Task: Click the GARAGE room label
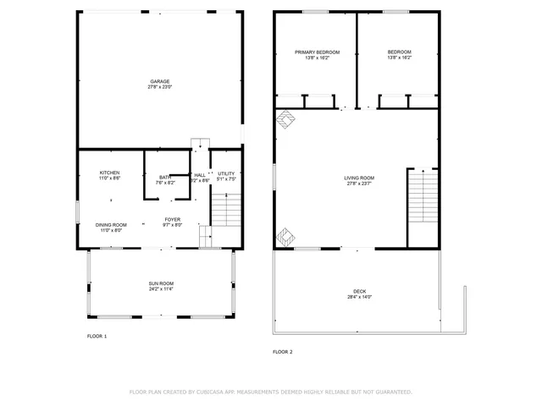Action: pyautogui.click(x=160, y=81)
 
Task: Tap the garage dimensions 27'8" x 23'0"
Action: pyautogui.click(x=160, y=87)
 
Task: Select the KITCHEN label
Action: pyautogui.click(x=109, y=173)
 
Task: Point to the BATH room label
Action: pyautogui.click(x=165, y=177)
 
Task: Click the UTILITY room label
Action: pyautogui.click(x=226, y=173)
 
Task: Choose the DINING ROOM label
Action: pyautogui.click(x=111, y=224)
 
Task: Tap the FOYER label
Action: pyautogui.click(x=173, y=219)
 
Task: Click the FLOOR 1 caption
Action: pyautogui.click(x=97, y=337)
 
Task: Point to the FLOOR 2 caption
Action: pyautogui.click(x=282, y=352)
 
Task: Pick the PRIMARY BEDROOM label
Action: pyautogui.click(x=312, y=52)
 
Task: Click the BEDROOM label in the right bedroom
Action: pyautogui.click(x=399, y=52)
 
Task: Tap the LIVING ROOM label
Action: pyautogui.click(x=359, y=178)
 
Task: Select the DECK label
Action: pyautogui.click(x=360, y=291)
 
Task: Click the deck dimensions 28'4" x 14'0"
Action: pyautogui.click(x=360, y=297)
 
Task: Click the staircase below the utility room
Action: pyautogui.click(x=226, y=209)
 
